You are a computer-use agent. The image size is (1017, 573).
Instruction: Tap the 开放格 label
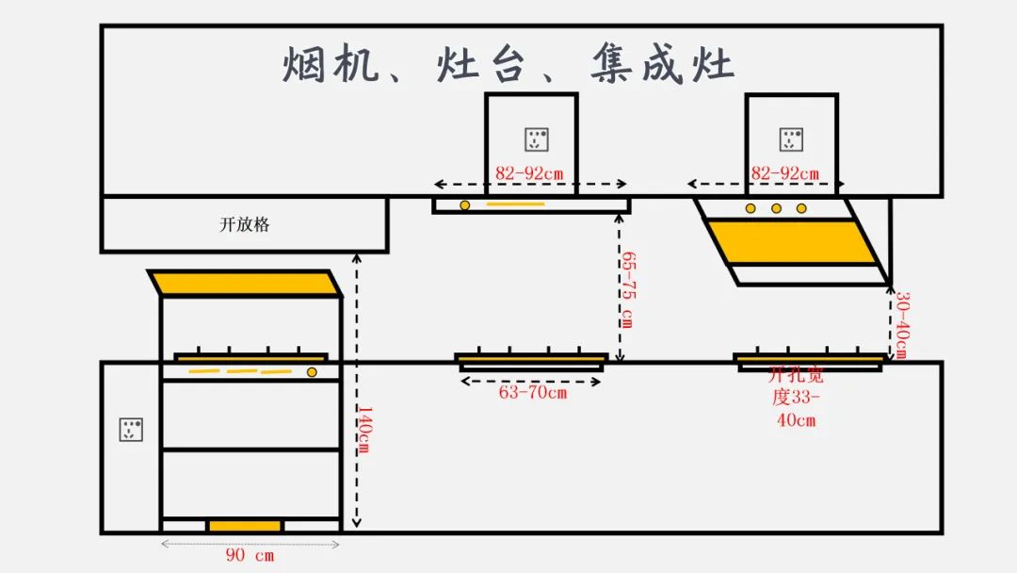point(245,225)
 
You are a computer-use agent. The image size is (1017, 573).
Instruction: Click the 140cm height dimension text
point(363,430)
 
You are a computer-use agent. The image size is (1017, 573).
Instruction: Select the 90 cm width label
point(250,556)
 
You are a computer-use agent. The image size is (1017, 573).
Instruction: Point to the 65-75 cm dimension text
point(627,288)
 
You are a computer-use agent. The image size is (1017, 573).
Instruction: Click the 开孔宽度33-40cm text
point(796,397)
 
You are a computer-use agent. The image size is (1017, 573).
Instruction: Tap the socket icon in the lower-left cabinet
point(131,430)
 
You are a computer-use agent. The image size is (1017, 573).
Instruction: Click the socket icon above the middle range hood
point(537,139)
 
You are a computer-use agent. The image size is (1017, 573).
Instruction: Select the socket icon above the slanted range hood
point(791,139)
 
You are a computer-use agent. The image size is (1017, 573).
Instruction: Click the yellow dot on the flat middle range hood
point(464,205)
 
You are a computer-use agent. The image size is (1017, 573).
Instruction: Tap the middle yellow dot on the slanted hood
point(776,207)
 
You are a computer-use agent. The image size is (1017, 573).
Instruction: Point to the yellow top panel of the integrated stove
point(245,283)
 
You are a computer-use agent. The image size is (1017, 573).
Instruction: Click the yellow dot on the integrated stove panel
point(312,372)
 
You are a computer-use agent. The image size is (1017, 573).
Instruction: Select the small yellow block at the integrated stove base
point(245,525)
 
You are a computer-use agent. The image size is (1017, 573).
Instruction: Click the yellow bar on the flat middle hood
point(515,205)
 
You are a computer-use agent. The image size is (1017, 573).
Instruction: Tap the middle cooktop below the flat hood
point(531,359)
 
